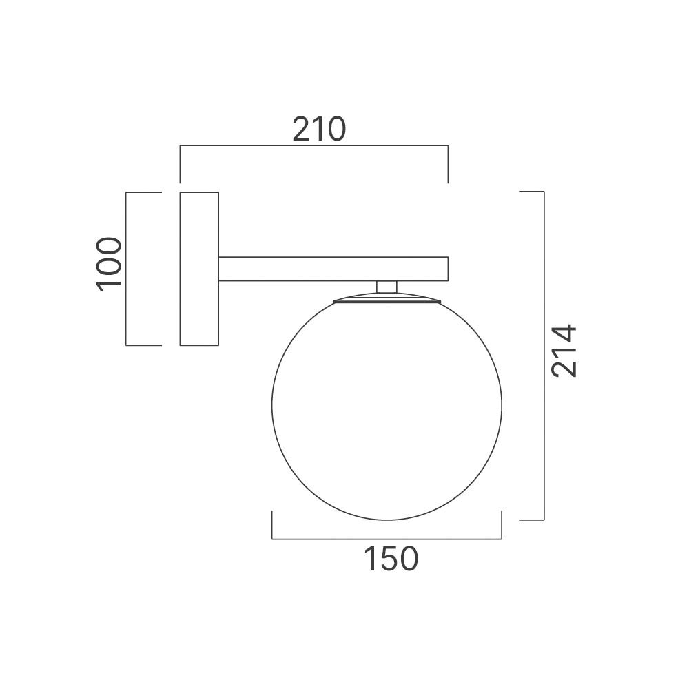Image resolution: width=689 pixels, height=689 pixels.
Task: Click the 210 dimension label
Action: click(x=318, y=129)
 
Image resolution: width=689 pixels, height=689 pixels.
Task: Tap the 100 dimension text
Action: click(x=109, y=265)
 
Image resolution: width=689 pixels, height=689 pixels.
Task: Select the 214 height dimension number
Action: click(x=564, y=351)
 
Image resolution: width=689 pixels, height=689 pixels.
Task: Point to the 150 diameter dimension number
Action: click(x=391, y=559)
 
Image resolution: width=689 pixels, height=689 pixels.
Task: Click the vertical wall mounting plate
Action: click(x=199, y=269)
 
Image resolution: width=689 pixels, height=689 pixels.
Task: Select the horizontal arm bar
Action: click(x=333, y=269)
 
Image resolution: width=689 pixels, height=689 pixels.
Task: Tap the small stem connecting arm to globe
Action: click(x=387, y=287)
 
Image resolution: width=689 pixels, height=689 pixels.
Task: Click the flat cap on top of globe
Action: click(x=387, y=299)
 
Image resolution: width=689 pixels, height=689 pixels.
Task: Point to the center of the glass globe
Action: click(x=387, y=407)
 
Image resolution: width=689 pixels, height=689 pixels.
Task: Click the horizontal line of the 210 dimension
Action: click(x=313, y=146)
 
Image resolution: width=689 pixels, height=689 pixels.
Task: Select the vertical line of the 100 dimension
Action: click(x=126, y=269)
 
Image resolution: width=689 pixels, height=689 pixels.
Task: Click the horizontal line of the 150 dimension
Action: click(x=387, y=539)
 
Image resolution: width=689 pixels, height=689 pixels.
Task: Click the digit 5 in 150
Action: click(x=390, y=559)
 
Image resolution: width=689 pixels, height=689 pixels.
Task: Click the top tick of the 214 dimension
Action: click(x=531, y=192)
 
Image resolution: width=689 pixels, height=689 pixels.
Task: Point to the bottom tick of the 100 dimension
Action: click(x=143, y=344)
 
